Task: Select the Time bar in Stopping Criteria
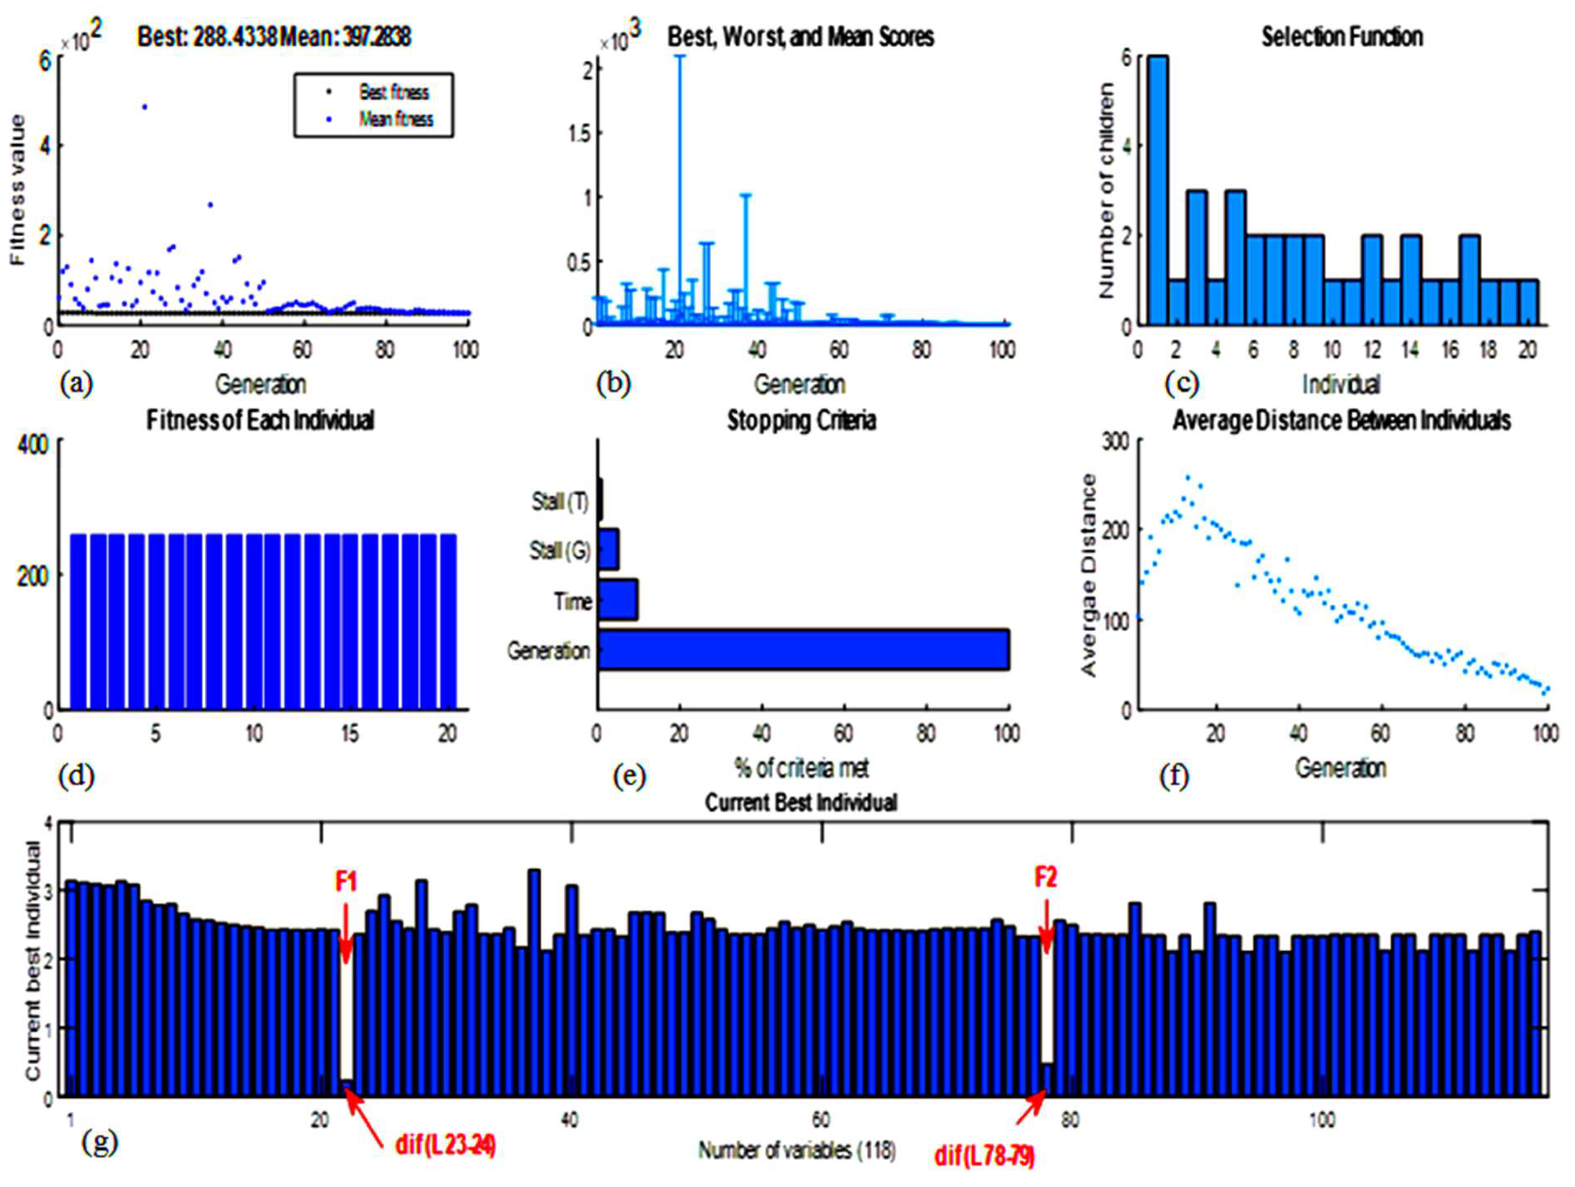[617, 600]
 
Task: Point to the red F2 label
[1045, 877]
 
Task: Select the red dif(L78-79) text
[985, 1156]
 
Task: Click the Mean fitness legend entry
[395, 119]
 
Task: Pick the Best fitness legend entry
[394, 92]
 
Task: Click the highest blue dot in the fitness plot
[145, 107]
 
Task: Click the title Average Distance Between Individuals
[1342, 420]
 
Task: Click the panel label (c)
[1181, 383]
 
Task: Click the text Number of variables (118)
[797, 1149]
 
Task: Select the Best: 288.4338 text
[207, 37]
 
